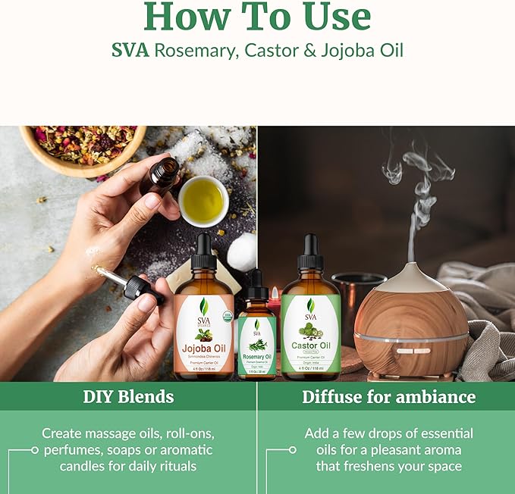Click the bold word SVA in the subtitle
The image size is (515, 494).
coord(131,51)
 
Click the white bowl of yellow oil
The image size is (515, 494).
coord(203,200)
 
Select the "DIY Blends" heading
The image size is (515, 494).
coord(128,396)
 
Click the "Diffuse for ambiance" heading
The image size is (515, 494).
coord(388,396)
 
